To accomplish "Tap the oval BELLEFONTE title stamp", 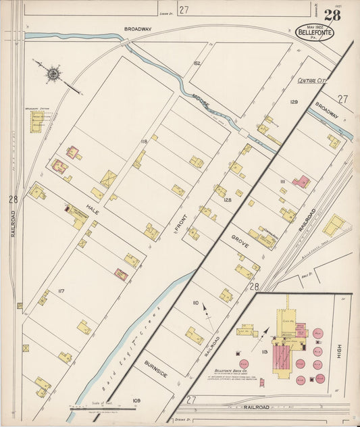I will (314, 32).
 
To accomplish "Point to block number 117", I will (61, 291).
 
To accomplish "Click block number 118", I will (144, 141).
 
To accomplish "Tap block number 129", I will (294, 101).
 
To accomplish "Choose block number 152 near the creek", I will (197, 63).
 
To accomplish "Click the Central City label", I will (312, 80).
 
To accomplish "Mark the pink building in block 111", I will (301, 182).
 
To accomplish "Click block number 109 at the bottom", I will (136, 401).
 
